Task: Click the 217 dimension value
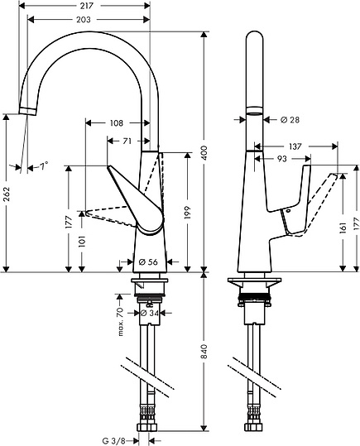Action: click(x=85, y=5)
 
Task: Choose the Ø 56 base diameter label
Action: click(x=148, y=262)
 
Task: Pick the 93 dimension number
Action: click(x=282, y=158)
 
